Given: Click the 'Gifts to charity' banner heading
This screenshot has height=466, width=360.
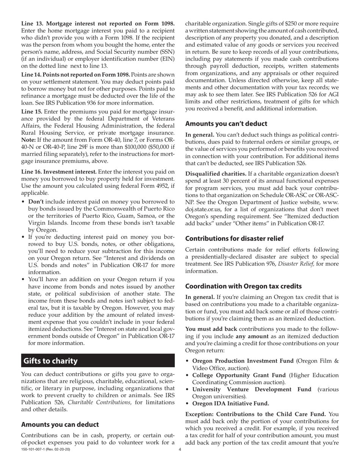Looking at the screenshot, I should pos(50,360).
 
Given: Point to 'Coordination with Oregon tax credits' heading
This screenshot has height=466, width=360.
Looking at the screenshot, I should pos(249,286).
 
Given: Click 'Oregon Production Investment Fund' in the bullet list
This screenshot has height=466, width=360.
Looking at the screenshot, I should pos(243,360).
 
